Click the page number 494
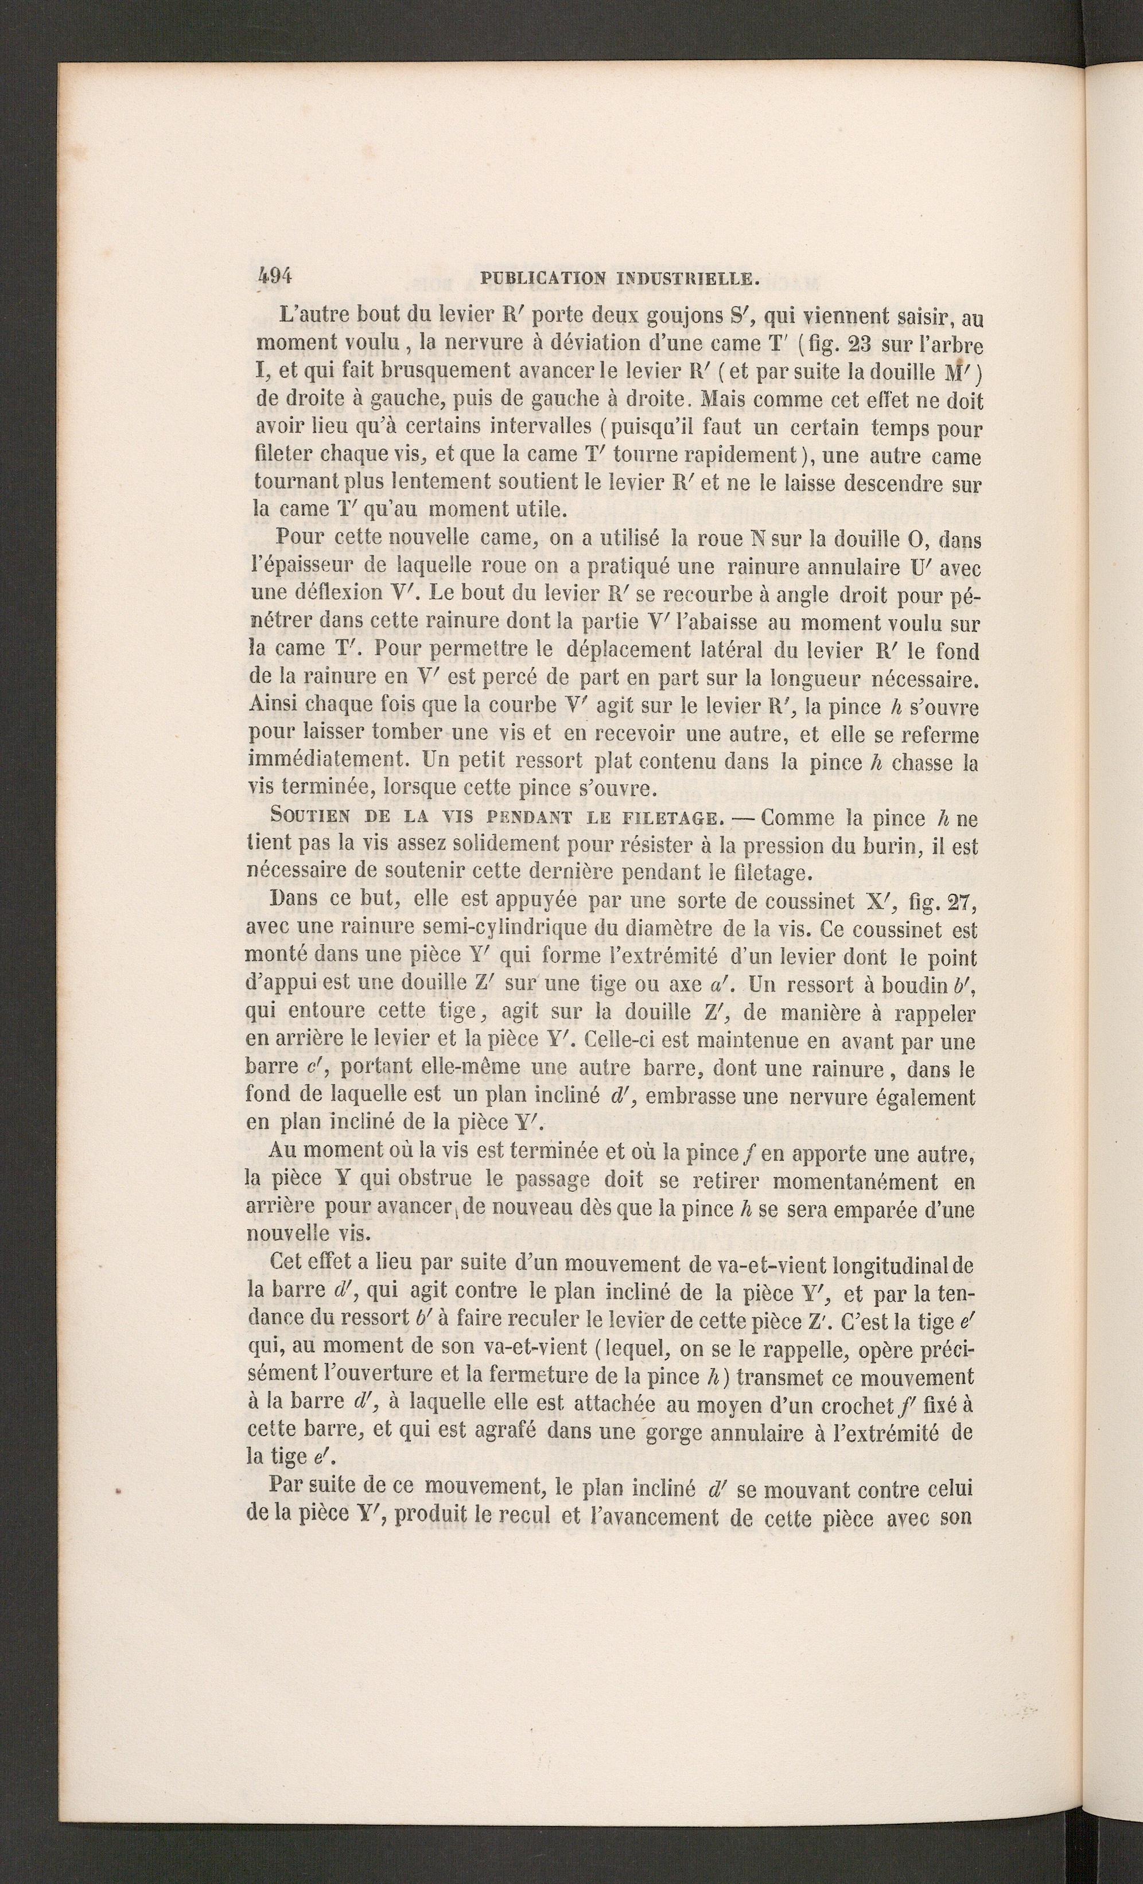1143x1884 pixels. point(276,276)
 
